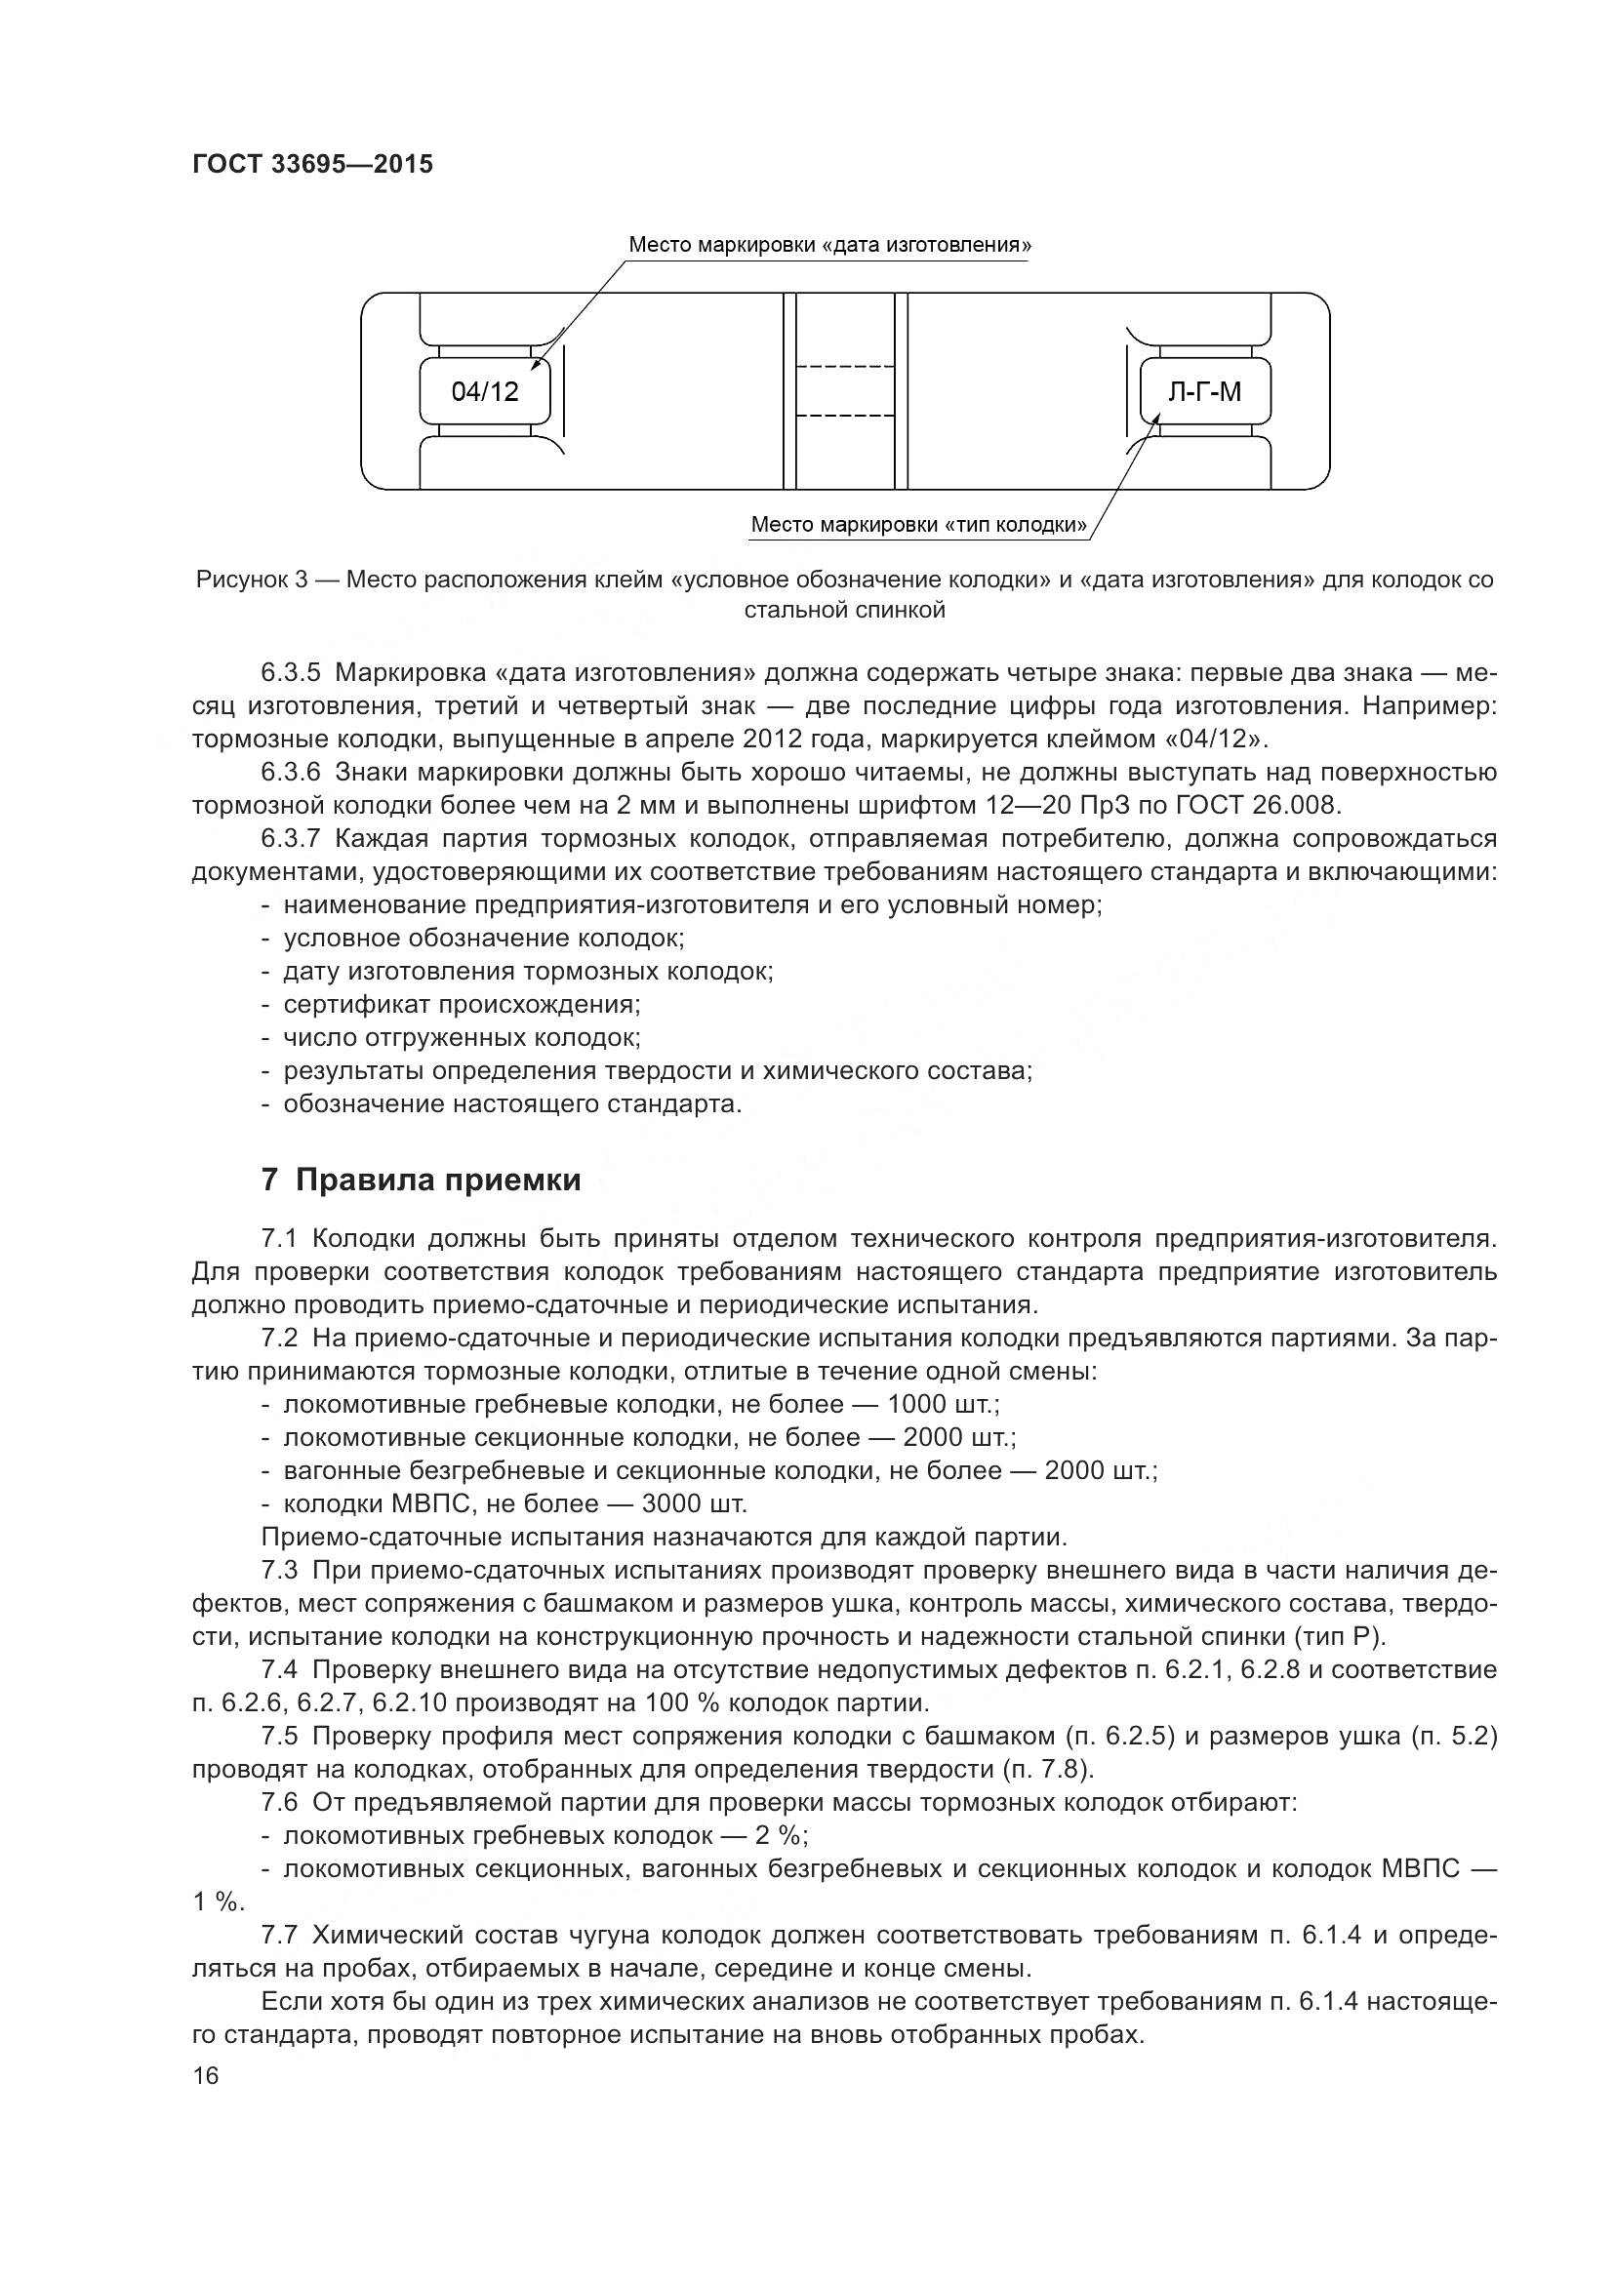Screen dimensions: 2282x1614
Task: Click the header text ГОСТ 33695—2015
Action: click(x=312, y=164)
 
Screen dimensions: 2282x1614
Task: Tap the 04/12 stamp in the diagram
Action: click(x=485, y=391)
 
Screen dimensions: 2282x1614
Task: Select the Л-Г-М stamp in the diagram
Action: click(x=1204, y=391)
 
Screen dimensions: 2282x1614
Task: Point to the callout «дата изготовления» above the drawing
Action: click(x=829, y=245)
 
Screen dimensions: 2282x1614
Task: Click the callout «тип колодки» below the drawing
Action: click(x=918, y=524)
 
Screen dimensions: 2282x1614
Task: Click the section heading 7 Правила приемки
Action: click(x=422, y=1180)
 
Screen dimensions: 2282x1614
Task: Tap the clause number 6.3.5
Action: click(x=290, y=673)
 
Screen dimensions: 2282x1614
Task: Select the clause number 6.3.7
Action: click(x=290, y=839)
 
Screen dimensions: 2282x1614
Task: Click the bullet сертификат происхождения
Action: click(x=463, y=1004)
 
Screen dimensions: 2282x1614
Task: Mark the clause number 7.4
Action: click(x=279, y=1669)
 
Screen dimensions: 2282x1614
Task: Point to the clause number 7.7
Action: click(x=279, y=1935)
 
